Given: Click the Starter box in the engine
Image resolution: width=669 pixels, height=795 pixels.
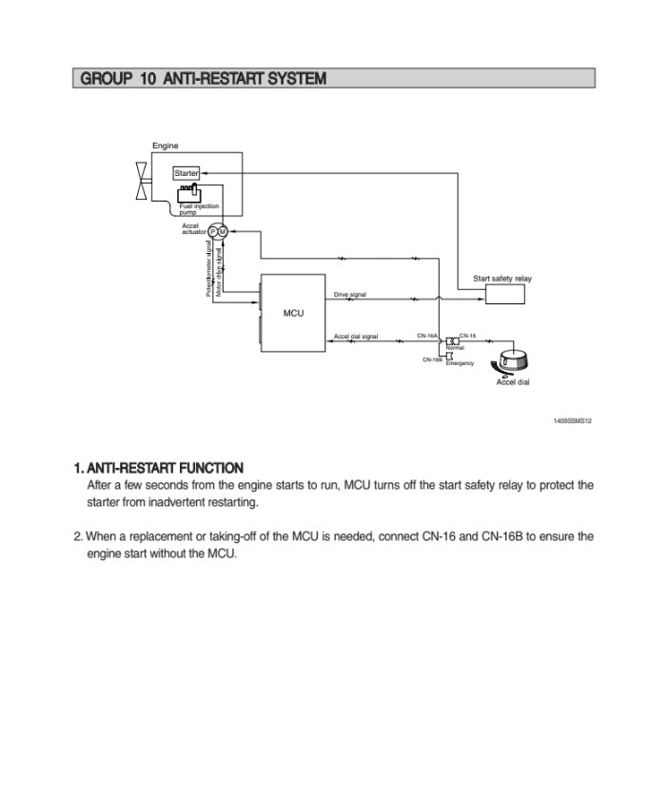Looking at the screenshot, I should click(x=186, y=173).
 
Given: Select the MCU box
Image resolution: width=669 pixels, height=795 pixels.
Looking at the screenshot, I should click(x=293, y=313).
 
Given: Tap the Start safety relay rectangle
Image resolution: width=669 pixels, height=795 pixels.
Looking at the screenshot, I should click(x=504, y=294).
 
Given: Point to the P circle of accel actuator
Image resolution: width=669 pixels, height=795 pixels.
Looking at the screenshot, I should click(x=213, y=231).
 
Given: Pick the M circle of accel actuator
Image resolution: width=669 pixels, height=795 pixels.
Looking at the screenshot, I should click(x=223, y=231).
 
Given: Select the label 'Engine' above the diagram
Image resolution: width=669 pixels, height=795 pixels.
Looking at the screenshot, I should click(x=166, y=146).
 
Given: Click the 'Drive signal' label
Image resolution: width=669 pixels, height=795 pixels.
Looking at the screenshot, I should click(x=350, y=295).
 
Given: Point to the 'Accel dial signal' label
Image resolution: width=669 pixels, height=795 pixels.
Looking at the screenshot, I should click(x=356, y=337).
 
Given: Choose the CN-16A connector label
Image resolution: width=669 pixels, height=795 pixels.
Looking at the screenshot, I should click(x=426, y=336).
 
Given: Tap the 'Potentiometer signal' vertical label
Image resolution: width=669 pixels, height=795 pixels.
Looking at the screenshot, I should click(x=208, y=271).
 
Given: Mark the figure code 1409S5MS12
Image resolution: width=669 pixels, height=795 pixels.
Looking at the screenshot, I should click(x=572, y=420).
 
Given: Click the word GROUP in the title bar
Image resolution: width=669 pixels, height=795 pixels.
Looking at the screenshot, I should click(x=105, y=78).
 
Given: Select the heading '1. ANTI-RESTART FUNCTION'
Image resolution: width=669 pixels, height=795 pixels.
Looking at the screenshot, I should click(x=158, y=468).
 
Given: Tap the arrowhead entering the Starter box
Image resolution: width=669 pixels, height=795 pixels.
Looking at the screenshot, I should click(x=203, y=173).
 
